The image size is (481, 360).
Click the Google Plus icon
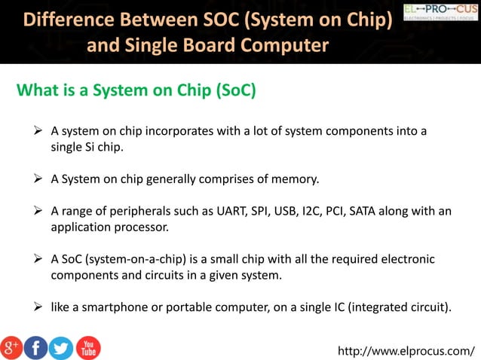click(11, 347)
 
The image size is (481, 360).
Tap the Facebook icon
click(36, 347)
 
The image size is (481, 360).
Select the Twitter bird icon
click(61, 347)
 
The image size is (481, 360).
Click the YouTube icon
click(87, 347)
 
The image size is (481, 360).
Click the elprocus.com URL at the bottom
click(407, 351)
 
